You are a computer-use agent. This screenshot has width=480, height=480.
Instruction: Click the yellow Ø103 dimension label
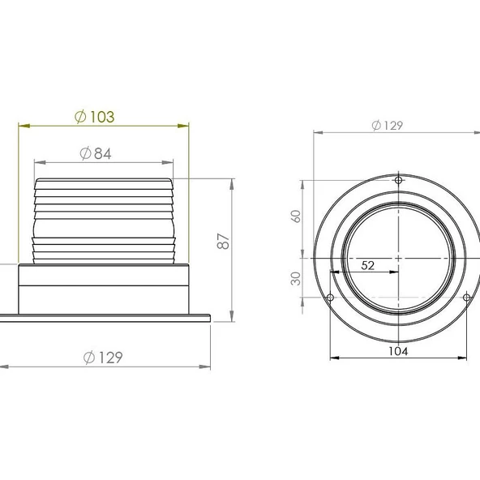click(94, 117)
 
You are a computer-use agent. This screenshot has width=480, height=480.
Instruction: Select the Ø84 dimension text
click(96, 153)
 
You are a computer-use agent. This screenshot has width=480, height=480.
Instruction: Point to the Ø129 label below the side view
click(103, 358)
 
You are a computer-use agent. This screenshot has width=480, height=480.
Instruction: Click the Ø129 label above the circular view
click(387, 125)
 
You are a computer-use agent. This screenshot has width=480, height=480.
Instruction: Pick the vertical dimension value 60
click(296, 216)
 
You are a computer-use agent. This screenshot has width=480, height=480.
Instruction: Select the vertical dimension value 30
click(296, 277)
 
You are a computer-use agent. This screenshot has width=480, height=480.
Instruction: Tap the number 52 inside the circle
click(366, 264)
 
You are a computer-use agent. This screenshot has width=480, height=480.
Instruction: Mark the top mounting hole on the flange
click(397, 180)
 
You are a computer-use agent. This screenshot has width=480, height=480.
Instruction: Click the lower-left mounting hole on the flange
click(329, 298)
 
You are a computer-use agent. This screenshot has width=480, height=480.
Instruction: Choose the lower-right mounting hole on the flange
click(466, 298)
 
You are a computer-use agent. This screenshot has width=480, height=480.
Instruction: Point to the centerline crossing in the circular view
click(397, 259)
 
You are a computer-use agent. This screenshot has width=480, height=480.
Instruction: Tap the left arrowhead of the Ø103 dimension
click(22, 126)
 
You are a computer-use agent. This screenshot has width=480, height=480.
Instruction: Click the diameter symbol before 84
click(86, 153)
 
